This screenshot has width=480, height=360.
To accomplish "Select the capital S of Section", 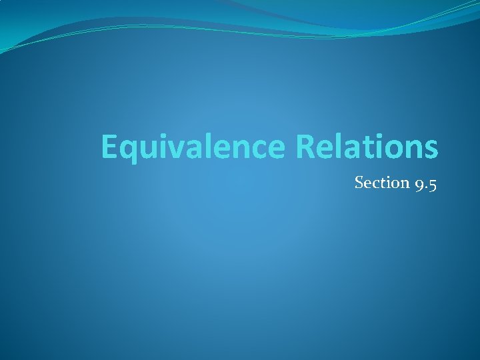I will pyautogui.click(x=359, y=182).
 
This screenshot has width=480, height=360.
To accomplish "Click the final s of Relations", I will pyautogui.click(x=431, y=150).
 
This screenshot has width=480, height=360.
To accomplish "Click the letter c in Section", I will pyautogui.click(x=375, y=183).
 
